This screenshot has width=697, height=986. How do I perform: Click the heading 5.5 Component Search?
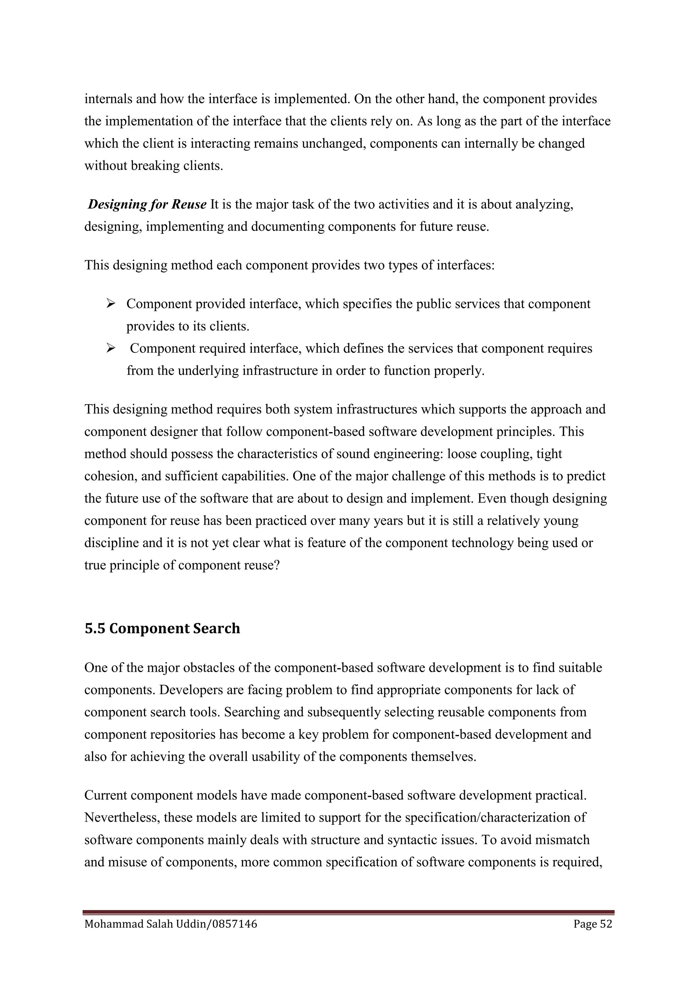tap(162, 629)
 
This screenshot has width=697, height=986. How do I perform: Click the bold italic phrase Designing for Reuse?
tap(147, 204)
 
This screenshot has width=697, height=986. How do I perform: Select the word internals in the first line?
tap(108, 99)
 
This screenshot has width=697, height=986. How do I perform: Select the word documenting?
tap(288, 227)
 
